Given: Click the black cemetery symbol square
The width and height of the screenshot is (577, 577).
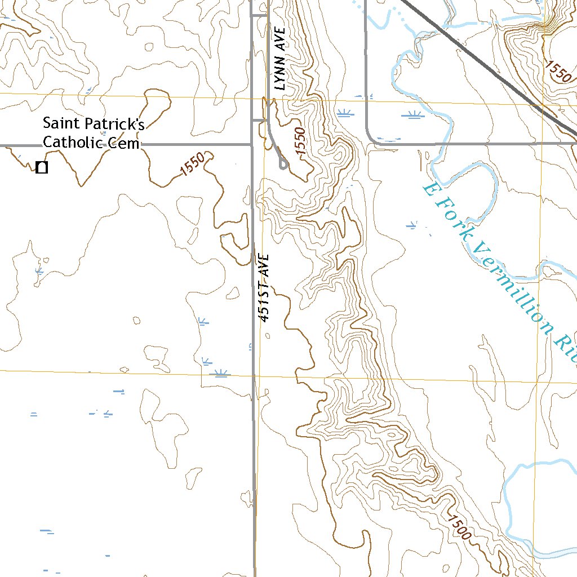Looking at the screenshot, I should (x=41, y=167).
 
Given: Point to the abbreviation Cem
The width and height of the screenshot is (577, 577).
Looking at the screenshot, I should (x=125, y=143).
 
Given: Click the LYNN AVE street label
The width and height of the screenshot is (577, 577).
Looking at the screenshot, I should (x=280, y=59).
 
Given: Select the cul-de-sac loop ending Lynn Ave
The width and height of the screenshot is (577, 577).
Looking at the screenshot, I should (x=283, y=164).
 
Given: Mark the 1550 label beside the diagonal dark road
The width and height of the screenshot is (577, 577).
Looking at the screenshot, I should (x=557, y=71).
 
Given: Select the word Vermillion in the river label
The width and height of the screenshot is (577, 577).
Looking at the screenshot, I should (x=510, y=283).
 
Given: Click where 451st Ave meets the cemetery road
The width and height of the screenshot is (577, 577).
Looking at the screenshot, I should (x=251, y=144).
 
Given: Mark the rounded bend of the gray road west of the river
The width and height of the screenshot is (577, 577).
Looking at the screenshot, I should (x=371, y=139).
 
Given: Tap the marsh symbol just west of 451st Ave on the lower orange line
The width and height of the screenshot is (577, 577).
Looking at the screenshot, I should (x=221, y=372).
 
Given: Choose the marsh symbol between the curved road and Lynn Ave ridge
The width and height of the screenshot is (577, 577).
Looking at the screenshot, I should (x=345, y=113).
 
